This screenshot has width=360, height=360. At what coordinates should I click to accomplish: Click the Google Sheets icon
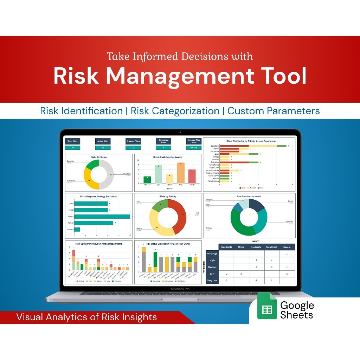pyautogui.click(x=267, y=309)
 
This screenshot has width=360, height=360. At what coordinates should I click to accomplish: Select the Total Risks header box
pyautogui.click(x=72, y=141)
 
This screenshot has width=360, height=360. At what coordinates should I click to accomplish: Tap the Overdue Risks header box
pyautogui.click(x=133, y=141)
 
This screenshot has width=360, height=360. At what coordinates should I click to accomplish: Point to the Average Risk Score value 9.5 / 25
pyautogui.click(x=194, y=148)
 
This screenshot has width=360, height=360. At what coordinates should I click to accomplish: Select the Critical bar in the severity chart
pyautogui.click(x=192, y=176)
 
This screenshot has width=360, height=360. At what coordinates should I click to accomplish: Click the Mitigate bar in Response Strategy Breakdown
pyautogui.click(x=102, y=217)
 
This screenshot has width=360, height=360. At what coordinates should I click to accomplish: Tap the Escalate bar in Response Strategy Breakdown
pyautogui.click(x=77, y=230)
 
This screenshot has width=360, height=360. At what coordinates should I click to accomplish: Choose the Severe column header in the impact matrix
pyautogui.click(x=287, y=247)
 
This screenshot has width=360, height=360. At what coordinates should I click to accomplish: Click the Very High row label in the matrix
pyautogui.click(x=212, y=253)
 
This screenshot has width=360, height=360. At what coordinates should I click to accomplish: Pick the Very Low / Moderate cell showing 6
pyautogui.click(x=257, y=281)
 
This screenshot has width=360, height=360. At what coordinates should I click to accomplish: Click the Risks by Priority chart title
pyautogui.click(x=168, y=197)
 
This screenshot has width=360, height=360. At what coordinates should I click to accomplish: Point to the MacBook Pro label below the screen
pyautogui.click(x=180, y=289)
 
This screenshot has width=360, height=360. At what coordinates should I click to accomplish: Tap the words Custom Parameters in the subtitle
pyautogui.click(x=274, y=111)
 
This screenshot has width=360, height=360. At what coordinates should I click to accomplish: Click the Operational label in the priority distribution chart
pyautogui.click(x=215, y=146)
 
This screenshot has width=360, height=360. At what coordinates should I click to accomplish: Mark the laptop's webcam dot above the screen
pyautogui.click(x=180, y=133)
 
